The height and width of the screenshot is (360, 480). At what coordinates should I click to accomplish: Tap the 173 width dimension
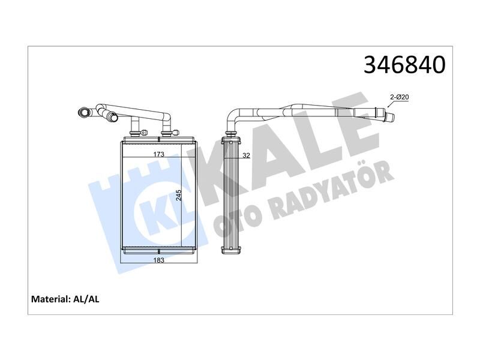coord(158,154)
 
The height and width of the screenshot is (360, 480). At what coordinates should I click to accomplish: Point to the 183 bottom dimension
coord(158,260)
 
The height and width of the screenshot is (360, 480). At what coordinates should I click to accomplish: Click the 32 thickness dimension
coord(245,155)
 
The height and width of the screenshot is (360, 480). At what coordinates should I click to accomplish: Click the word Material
coord(51,298)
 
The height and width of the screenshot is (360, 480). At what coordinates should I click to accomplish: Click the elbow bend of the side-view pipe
coord(232,116)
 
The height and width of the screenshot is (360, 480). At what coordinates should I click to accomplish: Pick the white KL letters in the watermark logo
coord(158,212)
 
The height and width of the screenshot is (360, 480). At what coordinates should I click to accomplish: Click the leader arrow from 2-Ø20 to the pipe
coord(389,104)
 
